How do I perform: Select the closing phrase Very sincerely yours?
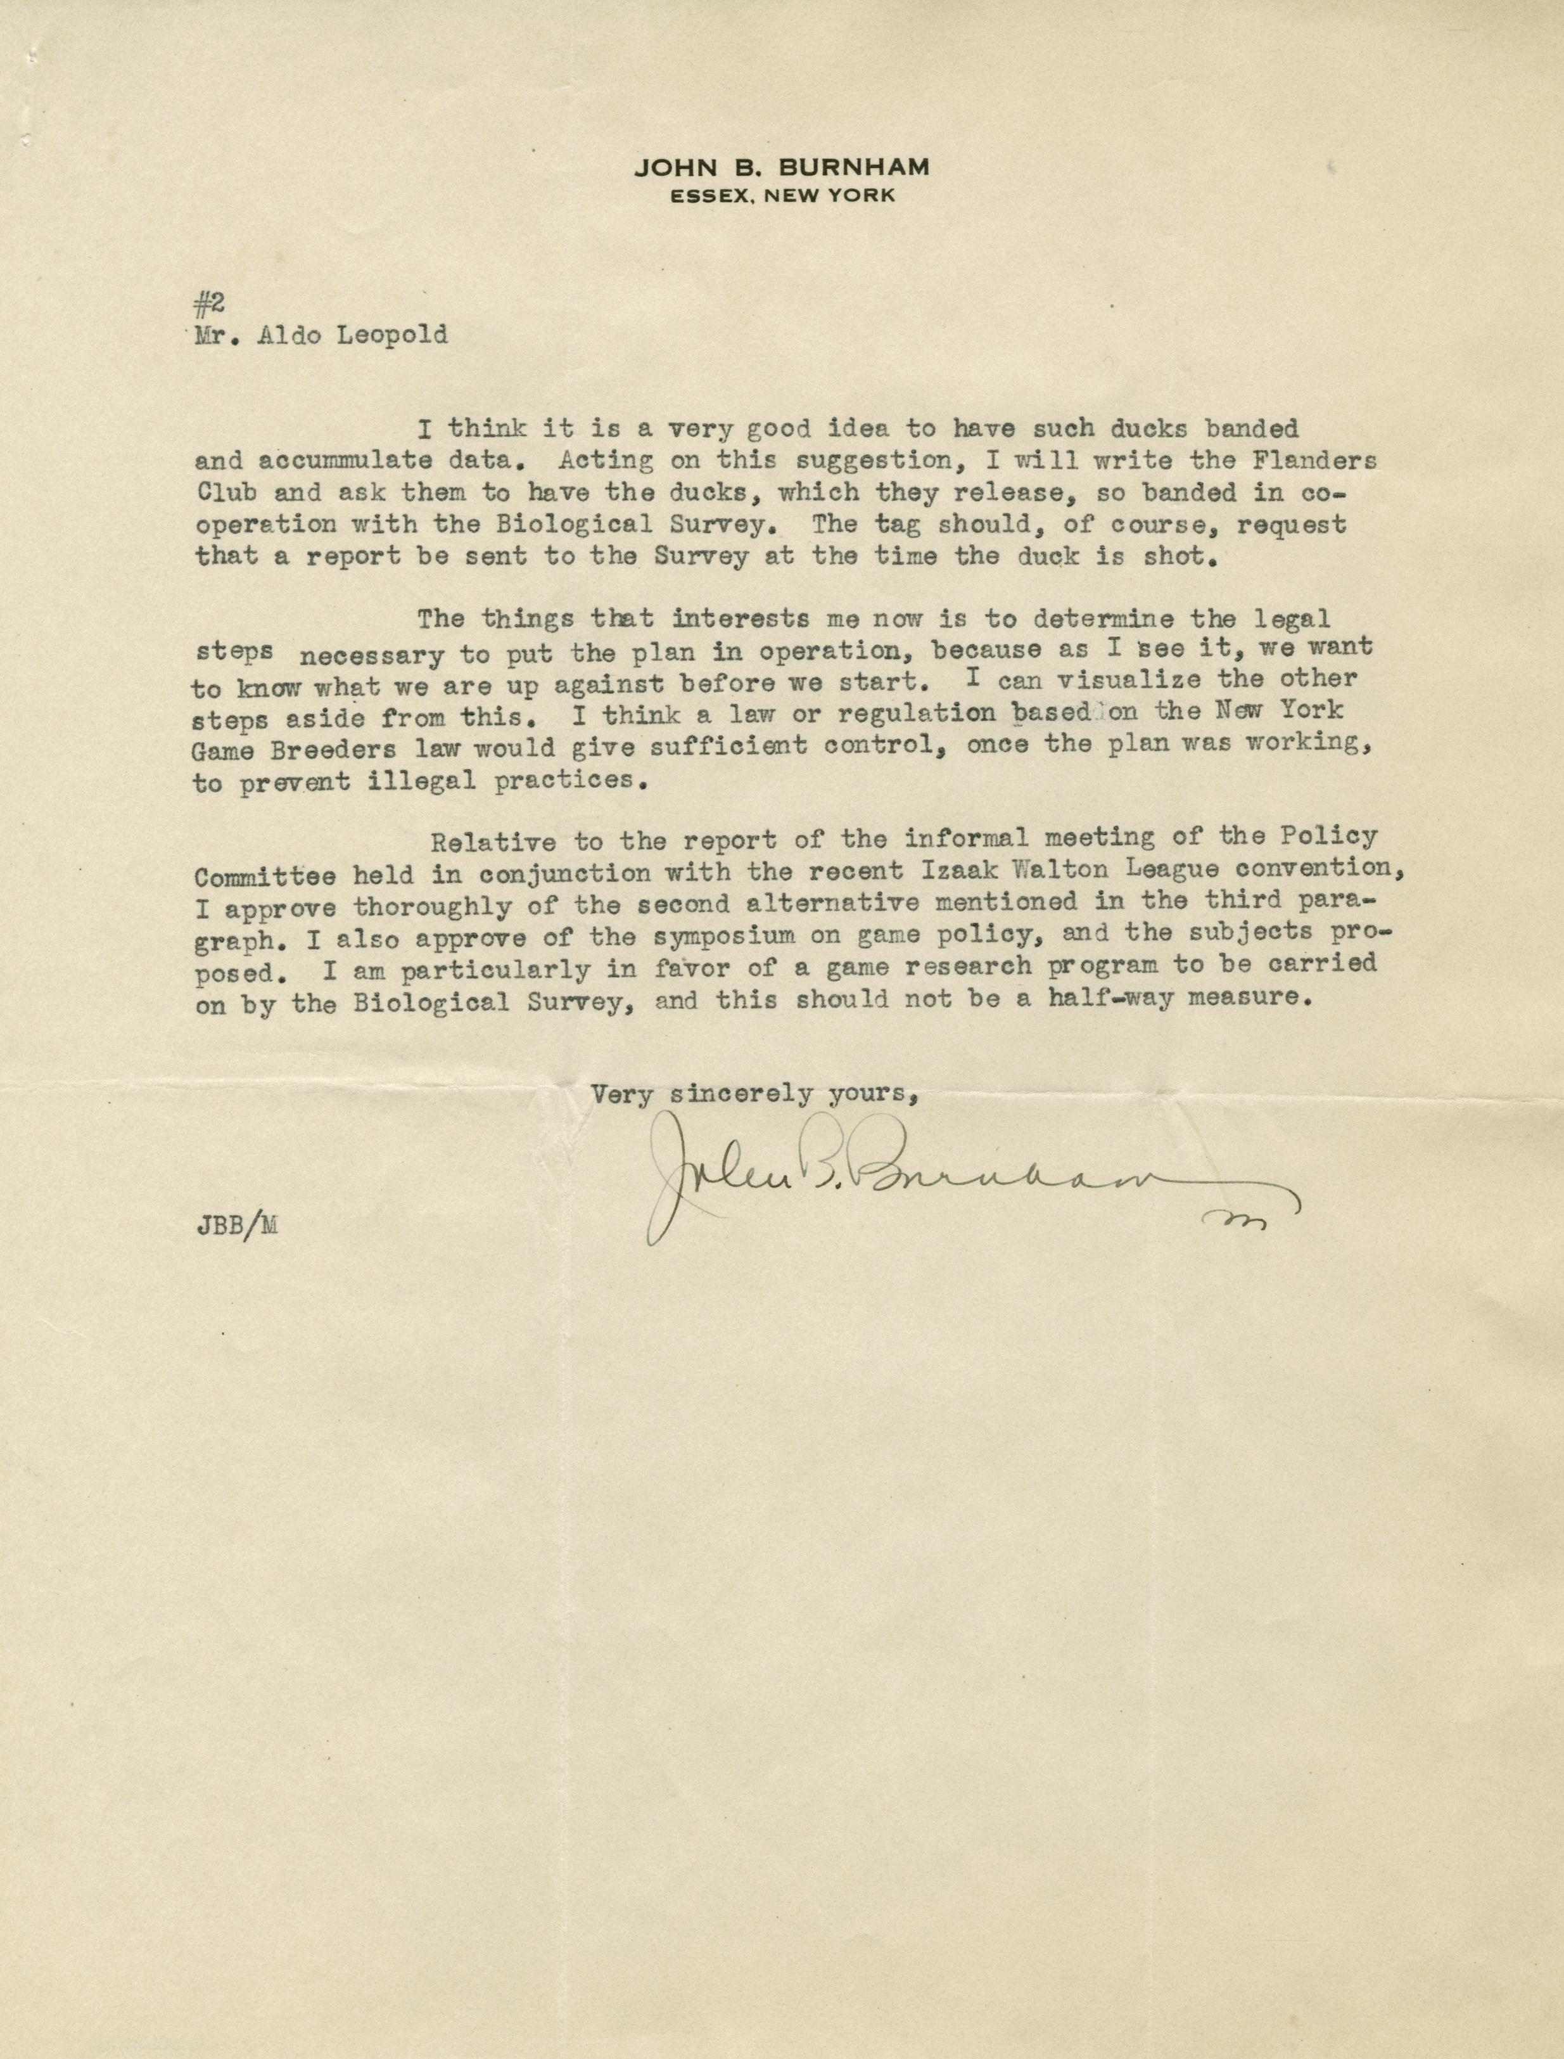[x=757, y=1095]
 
